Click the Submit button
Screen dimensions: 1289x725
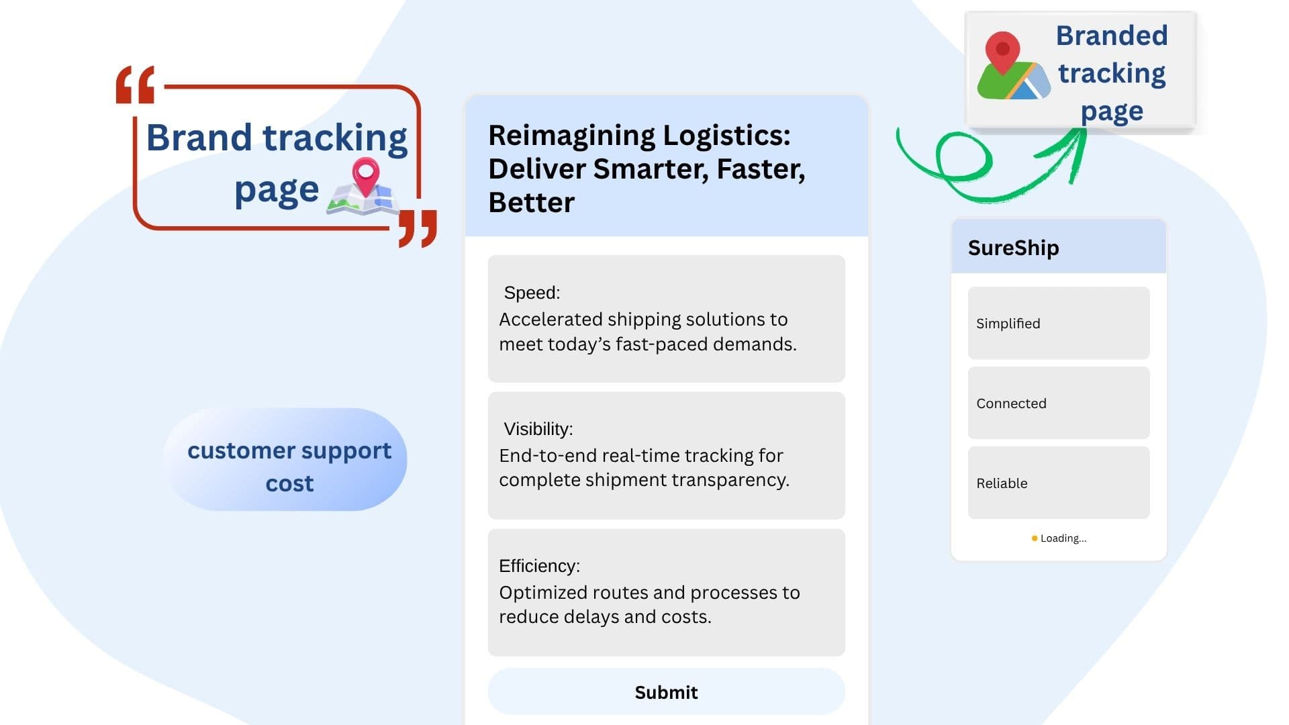[x=666, y=691]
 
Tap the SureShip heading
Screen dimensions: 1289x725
[x=1013, y=248]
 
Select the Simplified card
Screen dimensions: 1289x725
[x=1059, y=323]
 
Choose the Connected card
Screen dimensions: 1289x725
[x=1059, y=403]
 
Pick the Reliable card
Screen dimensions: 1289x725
[x=1059, y=483]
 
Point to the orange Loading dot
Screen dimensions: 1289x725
[x=1034, y=538]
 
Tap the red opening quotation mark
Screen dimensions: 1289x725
[x=135, y=85]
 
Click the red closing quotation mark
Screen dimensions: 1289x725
[x=418, y=228]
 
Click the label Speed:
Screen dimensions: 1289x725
[x=532, y=293]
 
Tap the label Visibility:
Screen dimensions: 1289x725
[x=538, y=429]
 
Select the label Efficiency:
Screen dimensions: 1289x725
[x=539, y=566]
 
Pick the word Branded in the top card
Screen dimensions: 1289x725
[x=1112, y=36]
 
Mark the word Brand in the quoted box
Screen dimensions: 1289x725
[x=199, y=138]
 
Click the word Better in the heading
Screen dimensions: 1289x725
[x=531, y=202]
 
